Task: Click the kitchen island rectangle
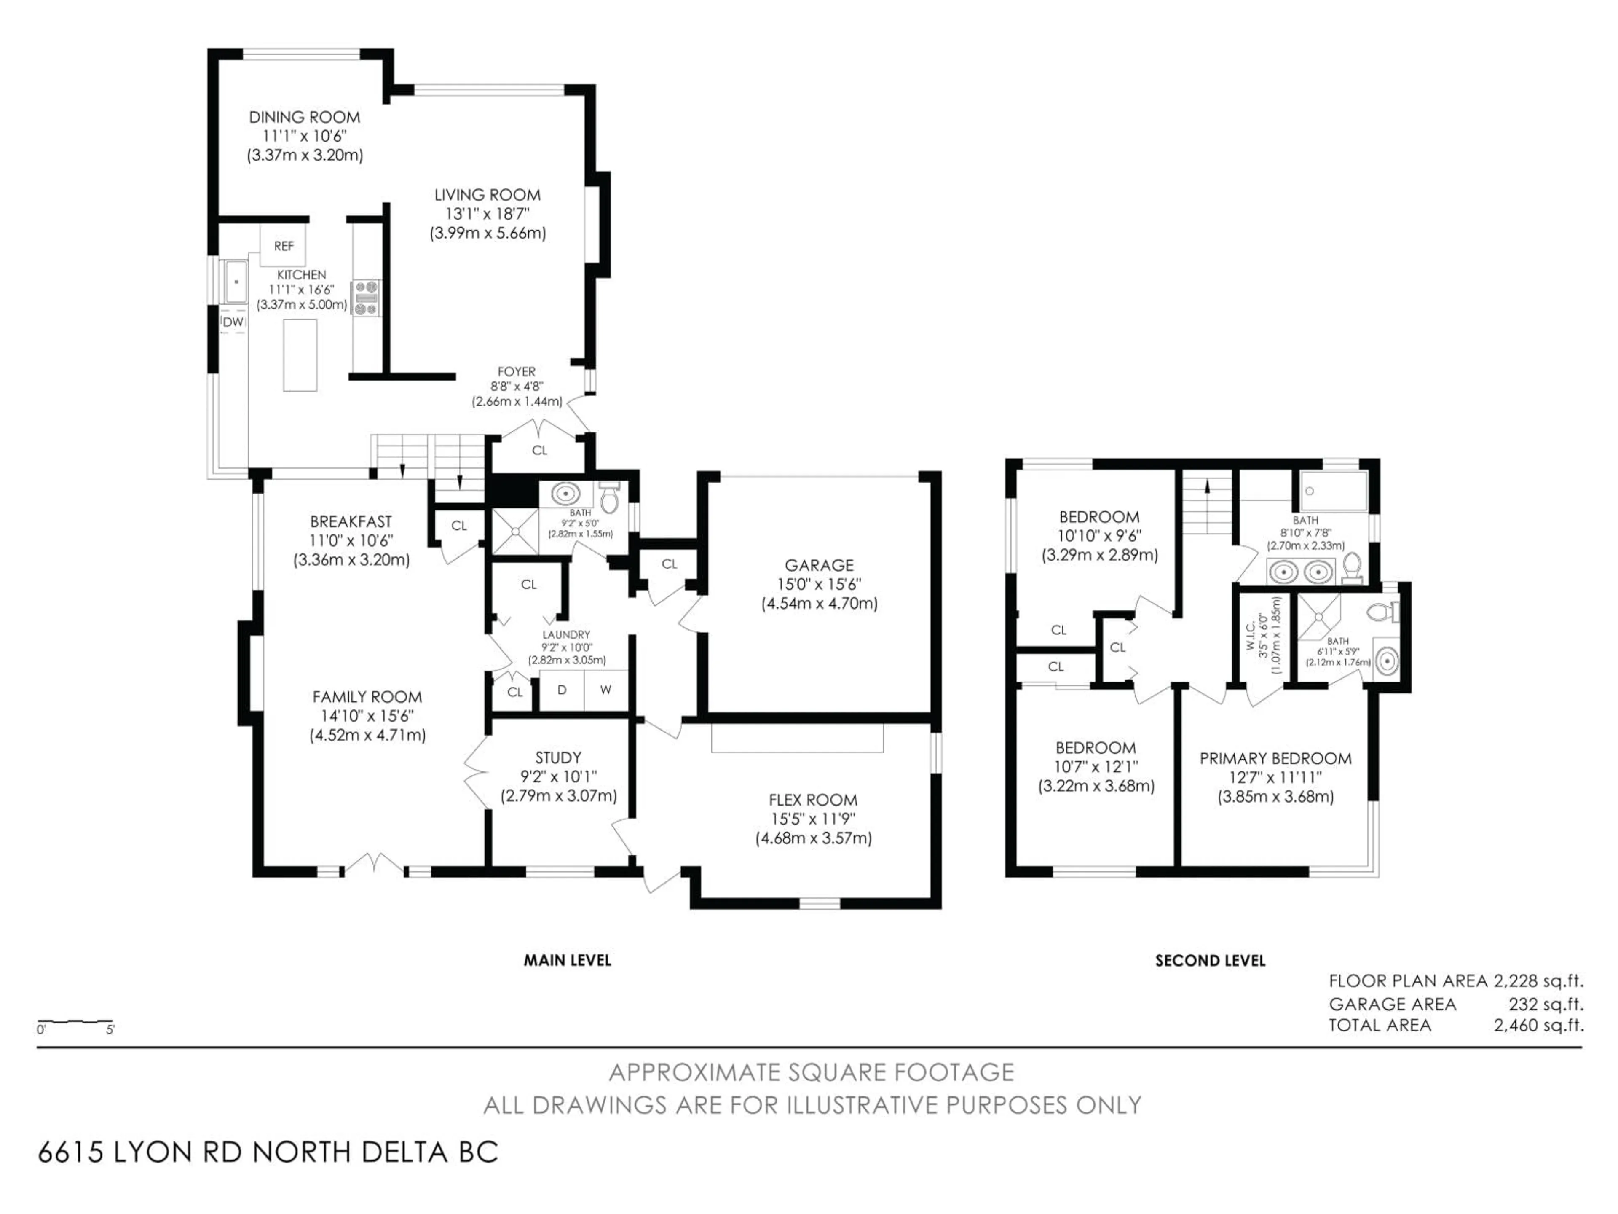(x=300, y=356)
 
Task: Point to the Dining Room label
(x=304, y=117)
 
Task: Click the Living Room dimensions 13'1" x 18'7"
(x=487, y=214)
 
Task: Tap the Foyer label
(x=517, y=372)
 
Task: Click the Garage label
(x=819, y=565)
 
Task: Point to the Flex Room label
(x=813, y=800)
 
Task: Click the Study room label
(x=558, y=757)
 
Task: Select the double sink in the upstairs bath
(x=1301, y=571)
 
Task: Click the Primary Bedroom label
(x=1275, y=758)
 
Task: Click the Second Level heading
(x=1210, y=961)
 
